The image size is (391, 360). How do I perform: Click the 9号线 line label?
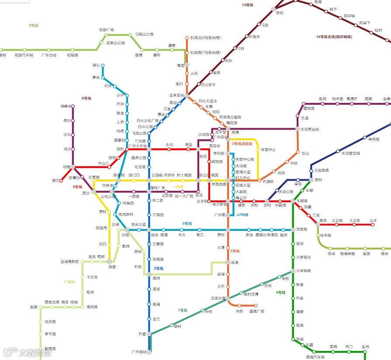pos(34,25)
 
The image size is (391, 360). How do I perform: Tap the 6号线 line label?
pos(86,99)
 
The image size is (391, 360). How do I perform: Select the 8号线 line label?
pos(187,223)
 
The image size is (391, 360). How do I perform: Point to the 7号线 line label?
pos(182,310)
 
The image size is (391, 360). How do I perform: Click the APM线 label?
pos(242,215)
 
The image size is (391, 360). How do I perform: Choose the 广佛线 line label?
pos(69,282)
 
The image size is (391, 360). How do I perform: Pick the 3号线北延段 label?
pos(242,143)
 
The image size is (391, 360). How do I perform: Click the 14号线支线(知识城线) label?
pos(334,37)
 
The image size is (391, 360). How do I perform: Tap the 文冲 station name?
pos(373,220)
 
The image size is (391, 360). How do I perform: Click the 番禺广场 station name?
pos(256,311)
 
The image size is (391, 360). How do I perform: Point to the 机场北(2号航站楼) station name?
pos(205,38)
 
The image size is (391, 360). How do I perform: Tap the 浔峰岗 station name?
pos(66,106)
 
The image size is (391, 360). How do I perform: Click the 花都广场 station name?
pos(106,30)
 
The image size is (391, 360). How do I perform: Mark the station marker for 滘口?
pos(62,180)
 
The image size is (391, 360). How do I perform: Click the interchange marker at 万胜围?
pos(293,230)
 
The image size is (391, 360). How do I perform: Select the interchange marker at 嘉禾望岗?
pos(187,95)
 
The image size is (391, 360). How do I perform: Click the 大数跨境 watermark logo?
pos(28,352)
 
